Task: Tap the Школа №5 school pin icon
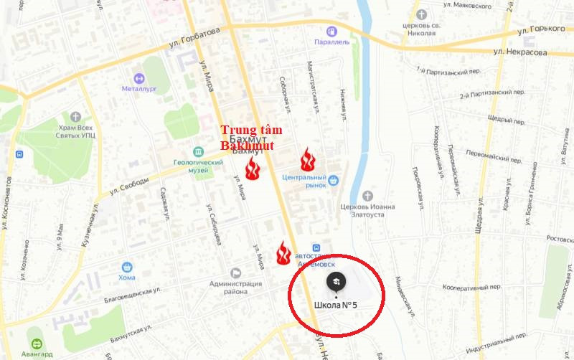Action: pyautogui.click(x=336, y=282)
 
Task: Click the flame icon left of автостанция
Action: pyautogui.click(x=283, y=252)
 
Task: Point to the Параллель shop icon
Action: pyautogui.click(x=331, y=31)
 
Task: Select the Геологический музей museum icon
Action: pyautogui.click(x=198, y=151)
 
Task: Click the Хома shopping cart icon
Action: pyautogui.click(x=127, y=267)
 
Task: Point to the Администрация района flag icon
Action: pyautogui.click(x=235, y=273)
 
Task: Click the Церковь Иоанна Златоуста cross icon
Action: pyautogui.click(x=367, y=196)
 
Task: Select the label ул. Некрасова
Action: pyautogui.click(x=521, y=52)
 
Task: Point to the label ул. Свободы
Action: pyautogui.click(x=130, y=186)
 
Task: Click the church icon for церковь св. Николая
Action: pyautogui.click(x=421, y=14)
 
